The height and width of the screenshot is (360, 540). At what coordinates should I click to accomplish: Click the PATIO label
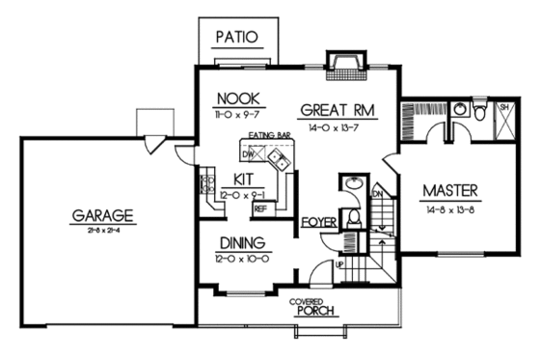click(x=237, y=39)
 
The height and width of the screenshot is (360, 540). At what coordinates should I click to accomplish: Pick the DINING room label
click(x=240, y=244)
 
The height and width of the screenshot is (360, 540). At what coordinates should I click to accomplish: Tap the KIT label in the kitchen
click(x=243, y=179)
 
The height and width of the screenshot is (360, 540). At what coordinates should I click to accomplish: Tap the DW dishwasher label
click(x=248, y=153)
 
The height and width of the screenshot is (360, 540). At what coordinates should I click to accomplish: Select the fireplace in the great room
click(x=342, y=66)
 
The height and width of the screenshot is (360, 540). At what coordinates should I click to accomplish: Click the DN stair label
click(x=377, y=194)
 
